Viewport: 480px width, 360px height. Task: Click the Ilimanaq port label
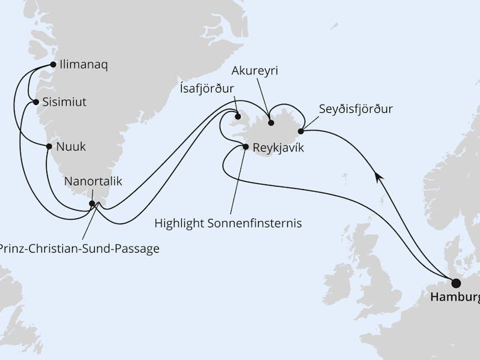(x=84, y=65)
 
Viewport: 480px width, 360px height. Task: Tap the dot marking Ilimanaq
(x=53, y=64)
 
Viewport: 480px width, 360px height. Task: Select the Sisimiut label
(x=65, y=102)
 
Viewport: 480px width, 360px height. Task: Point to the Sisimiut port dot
(x=37, y=102)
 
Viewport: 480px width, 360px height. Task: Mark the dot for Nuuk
(x=49, y=146)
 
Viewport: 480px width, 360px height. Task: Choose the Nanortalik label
(x=93, y=182)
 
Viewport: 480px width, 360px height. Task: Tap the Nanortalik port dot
(x=92, y=203)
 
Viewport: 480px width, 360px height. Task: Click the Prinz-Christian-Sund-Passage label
(x=80, y=248)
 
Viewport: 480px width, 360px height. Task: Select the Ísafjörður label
(x=207, y=89)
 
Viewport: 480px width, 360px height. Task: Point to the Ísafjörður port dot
(x=238, y=117)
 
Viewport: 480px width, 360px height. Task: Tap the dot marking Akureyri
(x=271, y=123)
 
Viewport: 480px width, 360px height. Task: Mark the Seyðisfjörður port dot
(x=301, y=130)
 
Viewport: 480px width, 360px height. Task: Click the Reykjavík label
(x=278, y=147)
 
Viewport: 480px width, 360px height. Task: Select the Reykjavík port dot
(x=245, y=146)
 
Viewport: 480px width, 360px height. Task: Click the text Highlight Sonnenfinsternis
(x=228, y=224)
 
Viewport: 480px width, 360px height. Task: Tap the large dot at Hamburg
(x=456, y=283)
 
